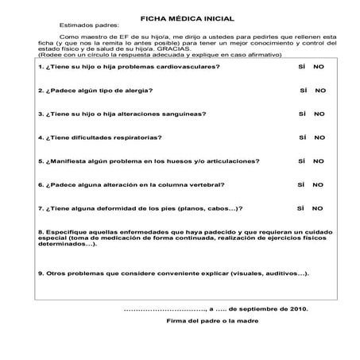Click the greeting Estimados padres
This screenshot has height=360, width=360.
point(85,26)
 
